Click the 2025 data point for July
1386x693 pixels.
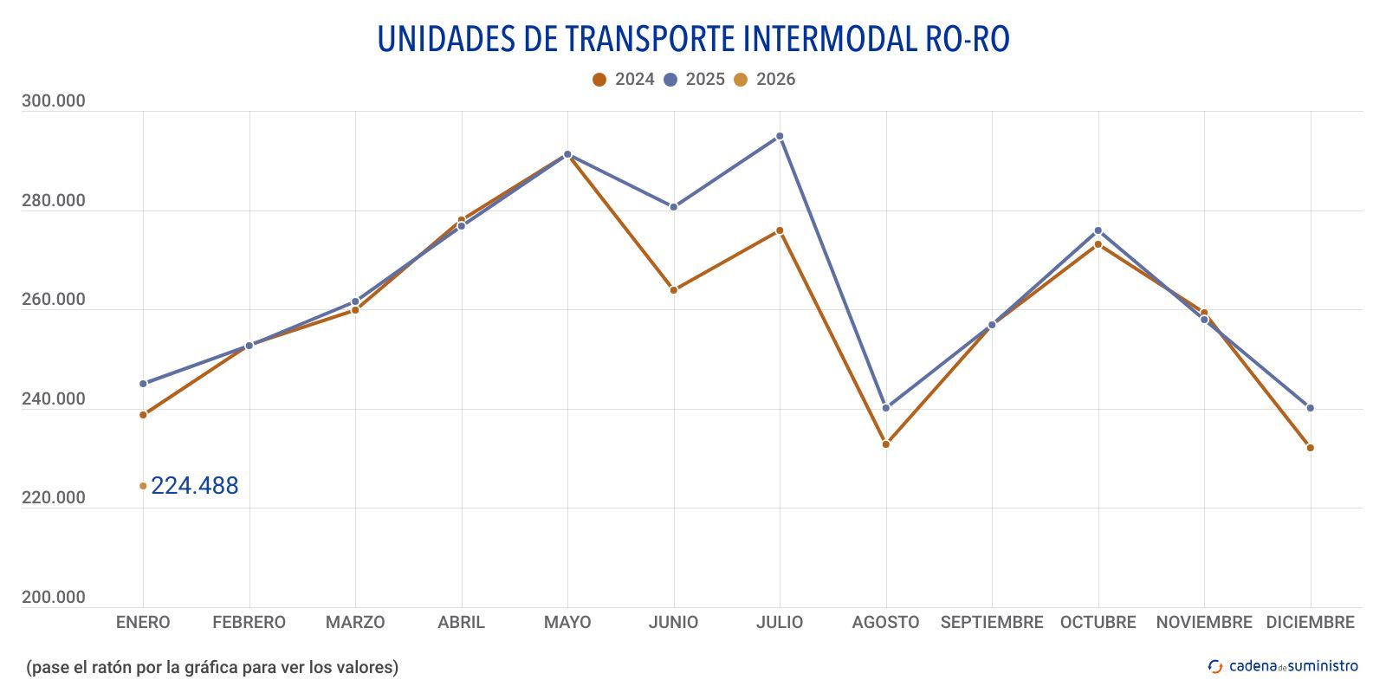tap(780, 136)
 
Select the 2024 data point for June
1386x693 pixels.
tap(673, 290)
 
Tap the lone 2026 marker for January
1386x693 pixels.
tap(143, 486)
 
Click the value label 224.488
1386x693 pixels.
tap(194, 486)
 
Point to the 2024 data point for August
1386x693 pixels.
tap(885, 444)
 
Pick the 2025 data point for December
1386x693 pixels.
tap(1310, 408)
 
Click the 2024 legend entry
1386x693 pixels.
tap(624, 80)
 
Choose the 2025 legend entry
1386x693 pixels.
tap(694, 80)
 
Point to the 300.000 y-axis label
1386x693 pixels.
tap(54, 101)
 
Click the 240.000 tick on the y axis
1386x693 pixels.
tap(54, 399)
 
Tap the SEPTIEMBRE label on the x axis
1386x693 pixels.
tap(992, 622)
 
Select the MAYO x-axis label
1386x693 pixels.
tap(567, 622)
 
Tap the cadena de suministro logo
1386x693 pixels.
tap(1283, 666)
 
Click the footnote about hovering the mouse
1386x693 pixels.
tap(212, 667)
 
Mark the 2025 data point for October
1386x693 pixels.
tap(1098, 230)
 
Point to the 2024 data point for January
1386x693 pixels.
tap(143, 415)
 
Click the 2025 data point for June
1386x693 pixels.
tap(673, 207)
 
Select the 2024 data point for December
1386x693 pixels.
tap(1310, 448)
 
